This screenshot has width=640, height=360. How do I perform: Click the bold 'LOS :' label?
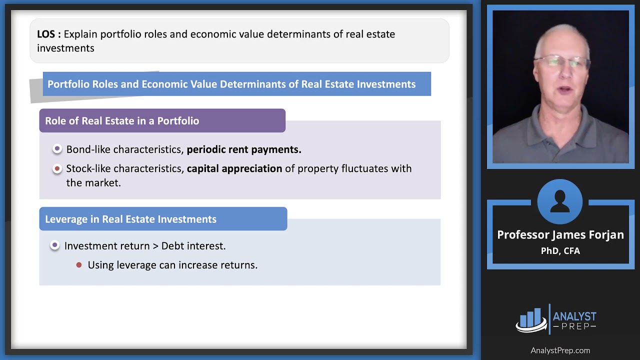(x=48, y=34)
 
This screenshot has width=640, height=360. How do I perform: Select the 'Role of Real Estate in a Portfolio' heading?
(x=122, y=121)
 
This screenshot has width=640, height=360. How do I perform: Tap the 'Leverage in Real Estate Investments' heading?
(x=130, y=219)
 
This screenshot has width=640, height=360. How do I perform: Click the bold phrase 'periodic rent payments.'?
(x=244, y=149)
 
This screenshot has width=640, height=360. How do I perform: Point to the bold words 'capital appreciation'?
(x=234, y=168)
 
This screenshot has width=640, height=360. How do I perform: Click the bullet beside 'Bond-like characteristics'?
(x=57, y=149)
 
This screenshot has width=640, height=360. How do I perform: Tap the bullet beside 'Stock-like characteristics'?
(x=57, y=168)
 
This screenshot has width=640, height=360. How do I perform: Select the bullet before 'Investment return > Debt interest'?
(x=55, y=245)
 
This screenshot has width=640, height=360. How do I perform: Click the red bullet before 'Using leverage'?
(x=79, y=265)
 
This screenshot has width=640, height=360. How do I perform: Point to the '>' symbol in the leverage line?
(x=155, y=246)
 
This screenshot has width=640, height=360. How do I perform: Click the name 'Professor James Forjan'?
(x=560, y=235)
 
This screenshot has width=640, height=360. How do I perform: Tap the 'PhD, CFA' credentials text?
(x=560, y=251)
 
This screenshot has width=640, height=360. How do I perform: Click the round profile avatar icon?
(x=560, y=201)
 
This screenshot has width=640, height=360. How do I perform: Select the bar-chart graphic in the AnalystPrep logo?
(x=531, y=319)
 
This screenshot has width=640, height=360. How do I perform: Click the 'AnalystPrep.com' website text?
(x=560, y=350)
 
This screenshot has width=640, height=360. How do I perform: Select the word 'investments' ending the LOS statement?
(x=65, y=48)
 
